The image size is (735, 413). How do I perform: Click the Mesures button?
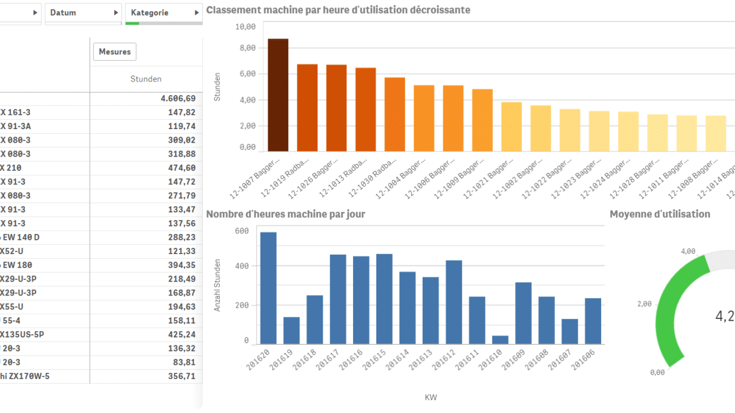pos(115,52)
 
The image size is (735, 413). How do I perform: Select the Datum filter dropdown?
pos(83,13)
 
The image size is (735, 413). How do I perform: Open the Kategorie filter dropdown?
pos(164,13)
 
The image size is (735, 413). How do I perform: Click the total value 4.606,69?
pos(178,99)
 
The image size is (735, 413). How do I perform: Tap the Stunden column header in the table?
pos(146,79)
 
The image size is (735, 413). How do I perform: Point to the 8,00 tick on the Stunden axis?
pos(246,48)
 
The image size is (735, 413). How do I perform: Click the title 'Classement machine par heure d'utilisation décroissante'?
pos(338,10)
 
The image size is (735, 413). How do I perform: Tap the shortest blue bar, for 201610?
pos(501,340)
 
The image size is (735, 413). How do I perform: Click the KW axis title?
pos(431,398)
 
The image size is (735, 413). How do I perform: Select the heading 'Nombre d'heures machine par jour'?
pos(285,214)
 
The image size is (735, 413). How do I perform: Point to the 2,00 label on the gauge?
pos(644,304)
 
